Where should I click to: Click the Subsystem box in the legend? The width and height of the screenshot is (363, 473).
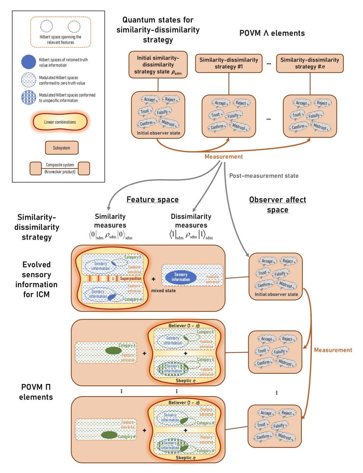(61, 148)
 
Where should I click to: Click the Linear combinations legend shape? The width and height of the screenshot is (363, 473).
(60, 122)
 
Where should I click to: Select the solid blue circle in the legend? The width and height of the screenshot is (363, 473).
(29, 62)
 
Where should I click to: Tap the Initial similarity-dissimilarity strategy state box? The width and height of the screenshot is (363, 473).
(158, 65)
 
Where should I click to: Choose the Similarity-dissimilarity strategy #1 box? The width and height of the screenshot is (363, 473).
(229, 63)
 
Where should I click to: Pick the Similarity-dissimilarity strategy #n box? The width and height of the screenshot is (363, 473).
(310, 63)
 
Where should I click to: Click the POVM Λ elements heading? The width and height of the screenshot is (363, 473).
(272, 33)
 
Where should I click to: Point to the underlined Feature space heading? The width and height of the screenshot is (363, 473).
(152, 199)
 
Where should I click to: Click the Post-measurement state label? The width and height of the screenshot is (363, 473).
(264, 176)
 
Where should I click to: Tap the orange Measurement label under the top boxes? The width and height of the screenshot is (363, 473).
(223, 156)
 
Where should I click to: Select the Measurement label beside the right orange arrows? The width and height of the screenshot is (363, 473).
(333, 350)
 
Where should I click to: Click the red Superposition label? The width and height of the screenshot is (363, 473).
(131, 279)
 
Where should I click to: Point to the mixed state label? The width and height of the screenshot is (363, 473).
(163, 290)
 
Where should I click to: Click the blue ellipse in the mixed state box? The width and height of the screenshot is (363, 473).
(181, 277)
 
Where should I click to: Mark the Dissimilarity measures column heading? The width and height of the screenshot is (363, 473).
(191, 221)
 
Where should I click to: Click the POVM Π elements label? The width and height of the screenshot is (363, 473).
(36, 392)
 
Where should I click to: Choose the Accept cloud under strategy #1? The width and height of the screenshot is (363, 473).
(220, 103)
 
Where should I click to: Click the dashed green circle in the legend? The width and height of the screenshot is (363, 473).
(74, 26)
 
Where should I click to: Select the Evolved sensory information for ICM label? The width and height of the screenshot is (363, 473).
(36, 279)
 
